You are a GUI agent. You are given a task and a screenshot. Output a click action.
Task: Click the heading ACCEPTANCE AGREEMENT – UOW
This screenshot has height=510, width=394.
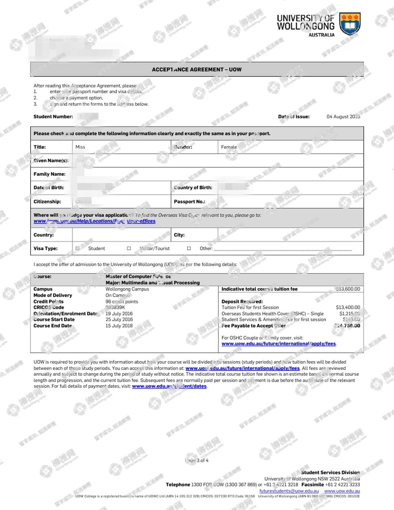click(197, 70)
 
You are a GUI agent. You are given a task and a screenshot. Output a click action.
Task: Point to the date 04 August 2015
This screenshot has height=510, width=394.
click(343, 117)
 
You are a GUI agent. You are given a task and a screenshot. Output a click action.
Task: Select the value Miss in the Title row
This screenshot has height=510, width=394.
click(80, 147)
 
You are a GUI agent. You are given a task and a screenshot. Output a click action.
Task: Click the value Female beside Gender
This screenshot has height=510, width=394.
click(229, 147)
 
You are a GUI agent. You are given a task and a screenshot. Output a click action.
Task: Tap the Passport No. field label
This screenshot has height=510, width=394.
click(189, 202)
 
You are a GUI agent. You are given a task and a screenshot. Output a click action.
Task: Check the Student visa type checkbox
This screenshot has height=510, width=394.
click(77, 248)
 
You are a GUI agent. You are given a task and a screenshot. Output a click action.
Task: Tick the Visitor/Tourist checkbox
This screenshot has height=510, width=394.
click(129, 248)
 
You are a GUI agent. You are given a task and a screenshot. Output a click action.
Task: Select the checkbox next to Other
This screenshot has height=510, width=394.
click(189, 248)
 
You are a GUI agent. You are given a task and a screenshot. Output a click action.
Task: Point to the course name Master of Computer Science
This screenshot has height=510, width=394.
click(138, 277)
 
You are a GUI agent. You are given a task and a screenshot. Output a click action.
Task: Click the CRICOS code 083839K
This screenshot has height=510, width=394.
click(115, 307)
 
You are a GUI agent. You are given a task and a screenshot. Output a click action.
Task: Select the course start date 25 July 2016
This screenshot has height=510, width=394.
click(119, 319)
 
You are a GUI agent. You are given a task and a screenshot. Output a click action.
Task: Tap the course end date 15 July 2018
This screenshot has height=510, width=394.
click(119, 326)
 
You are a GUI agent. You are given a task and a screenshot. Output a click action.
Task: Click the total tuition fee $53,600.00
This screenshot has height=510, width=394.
click(348, 289)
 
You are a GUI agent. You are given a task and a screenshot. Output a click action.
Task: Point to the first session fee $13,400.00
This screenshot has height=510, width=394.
click(348, 307)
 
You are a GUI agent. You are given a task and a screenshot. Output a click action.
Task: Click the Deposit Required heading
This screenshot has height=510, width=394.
click(242, 301)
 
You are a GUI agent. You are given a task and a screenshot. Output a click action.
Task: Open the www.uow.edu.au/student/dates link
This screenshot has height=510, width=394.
click(169, 386)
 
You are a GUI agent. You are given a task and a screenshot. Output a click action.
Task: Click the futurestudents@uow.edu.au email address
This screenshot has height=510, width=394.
click(289, 491)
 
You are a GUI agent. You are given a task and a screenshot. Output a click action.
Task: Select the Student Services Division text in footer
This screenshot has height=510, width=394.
click(330, 473)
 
